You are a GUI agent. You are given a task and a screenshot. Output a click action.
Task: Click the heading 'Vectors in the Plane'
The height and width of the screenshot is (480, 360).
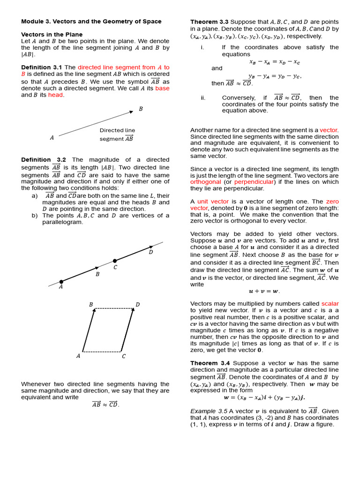(x=52, y=35)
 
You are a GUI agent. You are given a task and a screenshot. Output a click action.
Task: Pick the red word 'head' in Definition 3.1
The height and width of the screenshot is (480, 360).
(x=55, y=95)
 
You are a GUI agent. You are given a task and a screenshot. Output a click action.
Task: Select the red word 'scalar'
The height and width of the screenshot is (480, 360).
(x=330, y=304)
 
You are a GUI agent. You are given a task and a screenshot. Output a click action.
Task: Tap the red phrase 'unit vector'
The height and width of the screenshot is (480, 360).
(x=206, y=202)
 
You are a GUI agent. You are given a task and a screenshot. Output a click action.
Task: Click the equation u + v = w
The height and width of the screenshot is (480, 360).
(x=264, y=291)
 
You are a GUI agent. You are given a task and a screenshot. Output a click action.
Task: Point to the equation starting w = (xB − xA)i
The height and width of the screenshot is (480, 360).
(x=264, y=397)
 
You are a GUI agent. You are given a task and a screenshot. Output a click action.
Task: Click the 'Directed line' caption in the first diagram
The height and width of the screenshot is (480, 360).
(x=117, y=130)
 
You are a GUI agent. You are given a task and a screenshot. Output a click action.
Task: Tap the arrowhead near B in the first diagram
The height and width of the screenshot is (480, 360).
(x=131, y=112)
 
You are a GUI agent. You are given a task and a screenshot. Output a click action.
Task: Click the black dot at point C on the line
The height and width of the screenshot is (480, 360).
(x=115, y=260)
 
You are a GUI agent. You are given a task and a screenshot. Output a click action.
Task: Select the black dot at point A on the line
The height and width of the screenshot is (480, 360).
(x=61, y=282)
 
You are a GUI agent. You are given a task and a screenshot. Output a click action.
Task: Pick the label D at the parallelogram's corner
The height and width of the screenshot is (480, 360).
(x=137, y=305)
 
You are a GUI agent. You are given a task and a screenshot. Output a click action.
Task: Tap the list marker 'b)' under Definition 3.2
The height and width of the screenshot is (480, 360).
(x=34, y=216)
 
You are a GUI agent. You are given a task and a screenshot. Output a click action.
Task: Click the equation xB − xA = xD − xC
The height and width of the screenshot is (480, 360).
(x=275, y=61)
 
